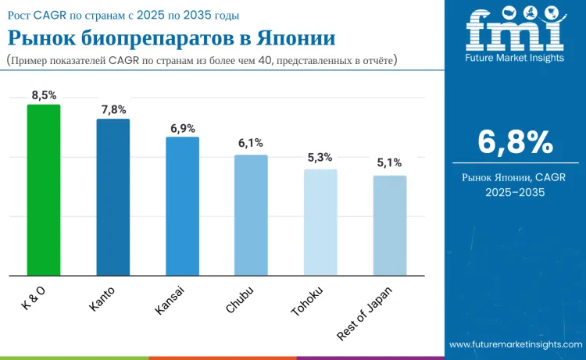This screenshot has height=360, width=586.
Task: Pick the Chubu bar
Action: (251, 215)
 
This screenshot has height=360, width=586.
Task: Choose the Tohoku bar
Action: (320, 222)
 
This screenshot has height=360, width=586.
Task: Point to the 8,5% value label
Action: (44, 95)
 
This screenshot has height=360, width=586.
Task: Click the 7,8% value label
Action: (113, 109)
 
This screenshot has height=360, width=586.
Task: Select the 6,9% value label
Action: (182, 127)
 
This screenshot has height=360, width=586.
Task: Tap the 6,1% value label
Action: (251, 143)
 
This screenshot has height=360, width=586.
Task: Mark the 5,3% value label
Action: (320, 158)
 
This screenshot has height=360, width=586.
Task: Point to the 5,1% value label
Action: (389, 163)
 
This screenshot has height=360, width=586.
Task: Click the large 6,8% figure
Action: (515, 142)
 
